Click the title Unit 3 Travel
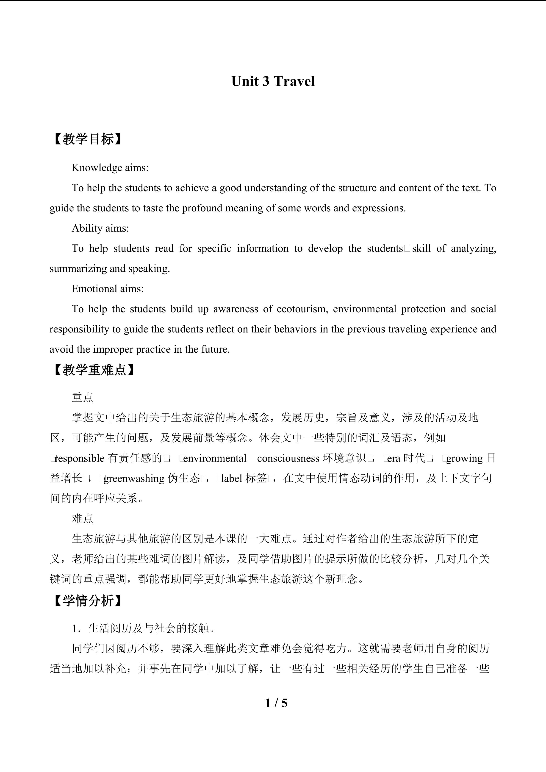click(273, 82)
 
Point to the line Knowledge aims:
click(110, 168)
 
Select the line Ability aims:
click(100, 228)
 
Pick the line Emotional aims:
click(108, 289)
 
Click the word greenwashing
click(134, 479)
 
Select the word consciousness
click(288, 458)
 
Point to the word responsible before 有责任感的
click(80, 458)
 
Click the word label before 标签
click(232, 479)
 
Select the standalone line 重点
click(82, 397)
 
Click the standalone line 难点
click(82, 518)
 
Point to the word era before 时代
click(394, 458)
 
